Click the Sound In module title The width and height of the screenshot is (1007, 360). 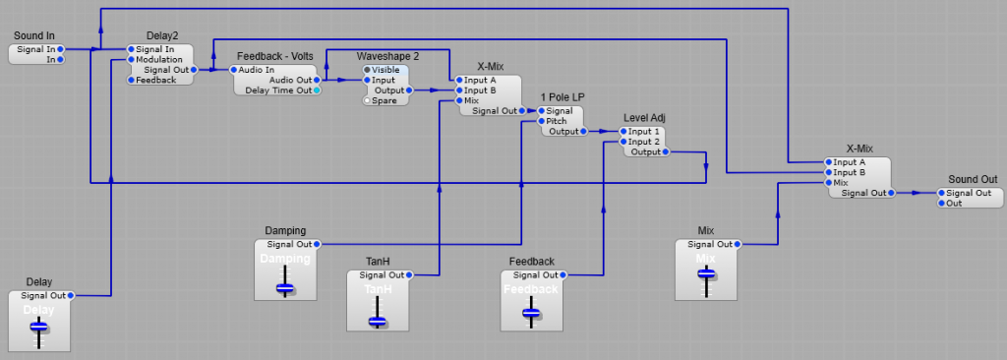click(x=33, y=36)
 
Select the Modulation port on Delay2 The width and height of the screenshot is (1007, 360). click(x=130, y=60)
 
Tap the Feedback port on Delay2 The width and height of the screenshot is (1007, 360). click(x=130, y=80)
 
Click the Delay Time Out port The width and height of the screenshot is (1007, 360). click(x=317, y=90)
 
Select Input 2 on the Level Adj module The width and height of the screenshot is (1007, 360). click(x=622, y=142)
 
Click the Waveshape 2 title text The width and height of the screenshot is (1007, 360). click(x=387, y=57)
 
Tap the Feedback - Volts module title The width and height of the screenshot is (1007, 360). click(x=274, y=57)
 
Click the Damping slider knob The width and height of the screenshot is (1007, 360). click(x=285, y=288)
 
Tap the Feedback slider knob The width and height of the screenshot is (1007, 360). click(x=531, y=313)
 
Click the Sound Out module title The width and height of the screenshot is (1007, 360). click(x=972, y=179)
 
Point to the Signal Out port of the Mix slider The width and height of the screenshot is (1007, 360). click(x=737, y=244)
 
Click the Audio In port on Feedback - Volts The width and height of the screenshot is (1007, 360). click(x=233, y=70)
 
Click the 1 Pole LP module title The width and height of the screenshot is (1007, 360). click(x=562, y=97)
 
